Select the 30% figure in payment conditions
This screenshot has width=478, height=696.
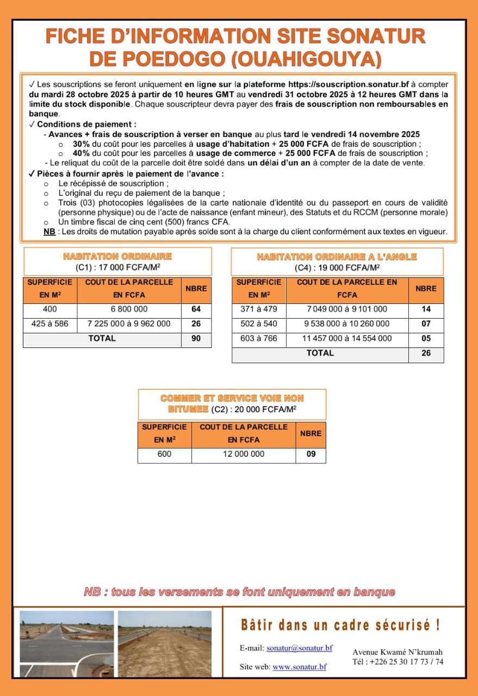81,144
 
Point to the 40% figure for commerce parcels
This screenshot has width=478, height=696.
81,153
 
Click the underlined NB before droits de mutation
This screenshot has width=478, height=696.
49,232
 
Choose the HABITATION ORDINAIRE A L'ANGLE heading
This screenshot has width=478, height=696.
337,257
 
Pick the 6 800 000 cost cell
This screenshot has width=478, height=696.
129,309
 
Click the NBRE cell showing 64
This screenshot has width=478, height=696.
196,309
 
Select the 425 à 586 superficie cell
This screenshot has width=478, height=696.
50,324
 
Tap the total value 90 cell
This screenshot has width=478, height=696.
196,338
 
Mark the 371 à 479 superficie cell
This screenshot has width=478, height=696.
259,309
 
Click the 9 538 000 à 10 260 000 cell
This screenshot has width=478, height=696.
346,324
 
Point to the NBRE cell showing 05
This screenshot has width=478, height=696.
426,338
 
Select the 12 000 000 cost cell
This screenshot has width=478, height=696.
244,454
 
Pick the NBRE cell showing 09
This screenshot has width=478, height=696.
311,454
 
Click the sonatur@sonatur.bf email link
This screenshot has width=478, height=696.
299,648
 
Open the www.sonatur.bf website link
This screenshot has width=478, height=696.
299,667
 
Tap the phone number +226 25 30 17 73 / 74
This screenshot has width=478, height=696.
398,662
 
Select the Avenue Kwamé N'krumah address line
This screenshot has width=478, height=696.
398,652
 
